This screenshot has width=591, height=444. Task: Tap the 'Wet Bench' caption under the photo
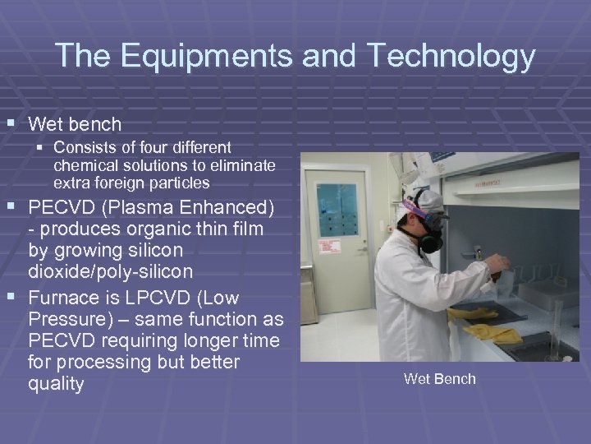[439, 378]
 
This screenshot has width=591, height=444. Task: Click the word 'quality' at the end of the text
[56, 384]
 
